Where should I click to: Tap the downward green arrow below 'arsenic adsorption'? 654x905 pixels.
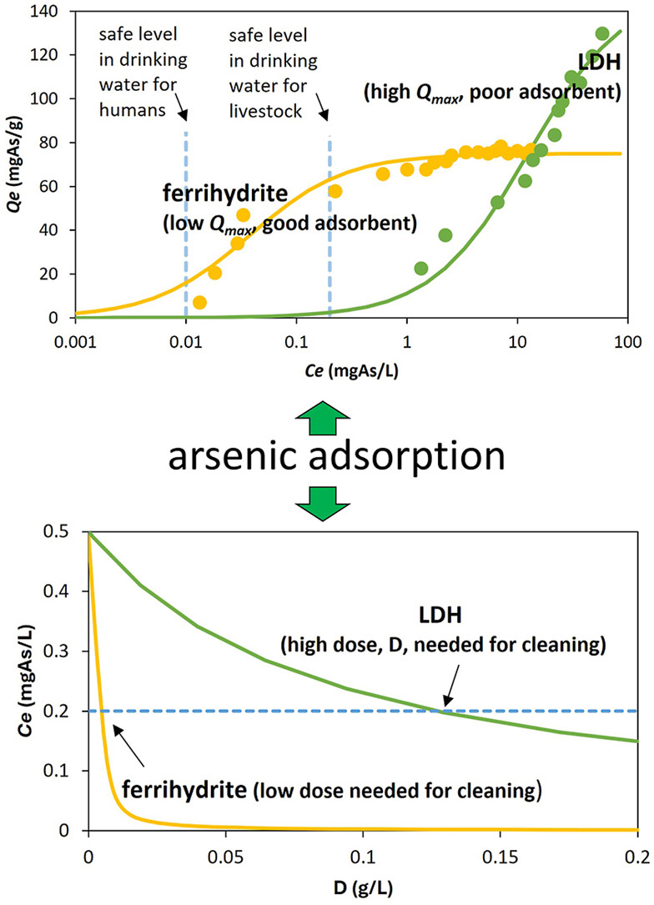(326, 497)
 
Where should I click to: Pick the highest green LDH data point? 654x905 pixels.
(602, 33)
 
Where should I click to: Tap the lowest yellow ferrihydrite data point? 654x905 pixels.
(199, 302)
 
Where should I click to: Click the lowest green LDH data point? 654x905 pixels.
(421, 269)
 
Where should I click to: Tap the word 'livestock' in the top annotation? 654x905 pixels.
(265, 112)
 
